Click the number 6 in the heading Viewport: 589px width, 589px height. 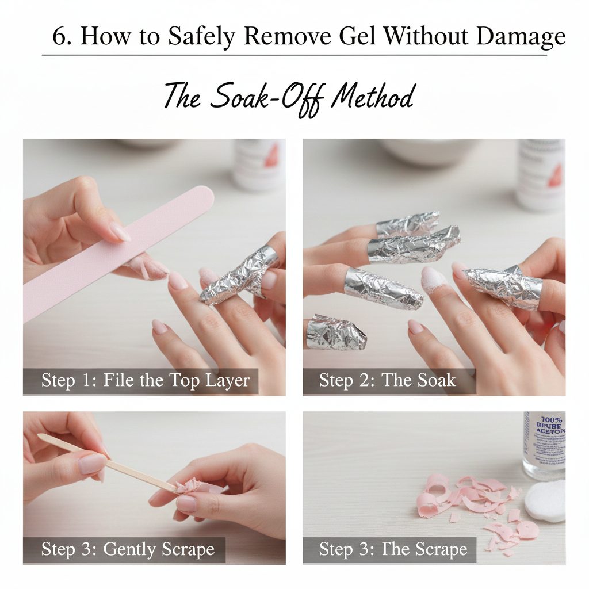click(59, 37)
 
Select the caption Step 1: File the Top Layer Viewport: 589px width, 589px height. click(146, 380)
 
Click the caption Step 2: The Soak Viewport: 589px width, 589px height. click(387, 380)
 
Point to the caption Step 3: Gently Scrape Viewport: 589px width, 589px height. click(128, 549)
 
